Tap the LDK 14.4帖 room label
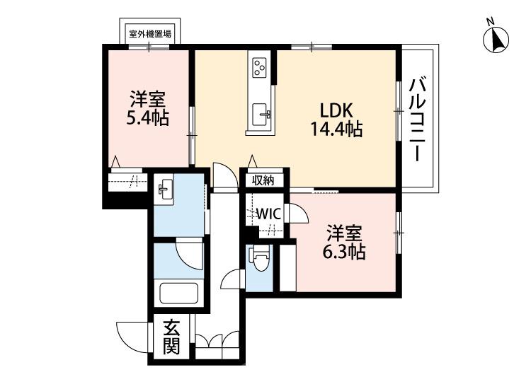coord(337,120)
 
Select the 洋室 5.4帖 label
coord(147,108)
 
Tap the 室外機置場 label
coord(151,33)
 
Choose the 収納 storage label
coord(263,180)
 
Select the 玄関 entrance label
coord(171,337)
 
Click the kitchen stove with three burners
coord(259,68)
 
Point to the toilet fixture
coord(259,260)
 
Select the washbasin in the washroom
coord(165,189)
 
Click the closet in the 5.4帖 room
coord(128,182)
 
